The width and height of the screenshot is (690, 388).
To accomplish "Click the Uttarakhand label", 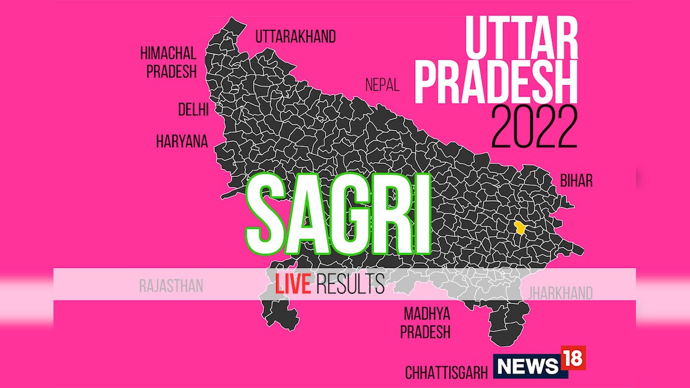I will pos(296,37).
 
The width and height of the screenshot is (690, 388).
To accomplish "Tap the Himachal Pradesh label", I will pos(168,63).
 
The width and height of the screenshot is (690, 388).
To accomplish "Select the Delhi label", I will pos(193,110).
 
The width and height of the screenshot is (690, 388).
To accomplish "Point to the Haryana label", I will pos(182,142).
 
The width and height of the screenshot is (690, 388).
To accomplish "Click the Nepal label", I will pos(382,86).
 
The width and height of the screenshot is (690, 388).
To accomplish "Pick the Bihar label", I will pos(576,182).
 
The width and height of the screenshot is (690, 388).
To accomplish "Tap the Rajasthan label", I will pos(171,286).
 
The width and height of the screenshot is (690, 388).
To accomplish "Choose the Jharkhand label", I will pos(560,294).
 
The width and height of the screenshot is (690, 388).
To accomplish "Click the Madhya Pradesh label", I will pos(426,322).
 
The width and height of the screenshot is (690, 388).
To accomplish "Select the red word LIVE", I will pos(293,284).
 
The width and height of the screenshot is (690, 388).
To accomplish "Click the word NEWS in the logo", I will pos(528,365).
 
